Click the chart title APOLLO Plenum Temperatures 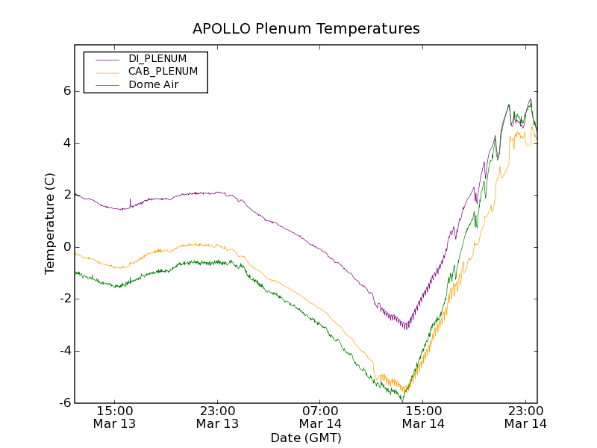click(x=306, y=29)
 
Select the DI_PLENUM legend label click(x=157, y=58)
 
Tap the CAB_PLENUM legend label click(x=163, y=72)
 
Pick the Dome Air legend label click(x=153, y=85)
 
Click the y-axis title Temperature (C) click(x=50, y=223)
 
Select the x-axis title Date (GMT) click(x=306, y=438)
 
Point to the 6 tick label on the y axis click(x=66, y=91)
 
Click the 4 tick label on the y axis click(x=66, y=143)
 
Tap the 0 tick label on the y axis click(x=66, y=247)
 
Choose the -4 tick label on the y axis click(x=64, y=351)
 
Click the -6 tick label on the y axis click(x=64, y=403)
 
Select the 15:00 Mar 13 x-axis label click(x=115, y=417)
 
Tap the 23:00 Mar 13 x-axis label click(x=217, y=417)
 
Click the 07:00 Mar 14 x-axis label click(x=320, y=417)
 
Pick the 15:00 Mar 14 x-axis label click(x=423, y=417)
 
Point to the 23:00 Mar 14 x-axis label click(x=525, y=417)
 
